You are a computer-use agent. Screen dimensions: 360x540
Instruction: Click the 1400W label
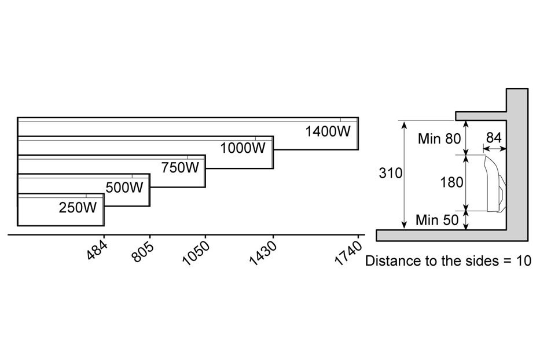[328, 131]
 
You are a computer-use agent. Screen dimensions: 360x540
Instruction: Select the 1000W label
[243, 149]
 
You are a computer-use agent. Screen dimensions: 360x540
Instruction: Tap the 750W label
[180, 168]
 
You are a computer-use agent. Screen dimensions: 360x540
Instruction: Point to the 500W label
[124, 188]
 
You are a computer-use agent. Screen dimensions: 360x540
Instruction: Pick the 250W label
[78, 207]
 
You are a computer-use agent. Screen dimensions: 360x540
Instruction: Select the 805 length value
[143, 251]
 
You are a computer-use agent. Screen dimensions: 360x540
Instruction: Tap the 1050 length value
[195, 253]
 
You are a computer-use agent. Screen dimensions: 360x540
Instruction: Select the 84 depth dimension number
[494, 137]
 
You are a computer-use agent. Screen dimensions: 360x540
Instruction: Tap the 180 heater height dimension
[451, 182]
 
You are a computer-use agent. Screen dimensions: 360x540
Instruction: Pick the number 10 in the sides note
[524, 260]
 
